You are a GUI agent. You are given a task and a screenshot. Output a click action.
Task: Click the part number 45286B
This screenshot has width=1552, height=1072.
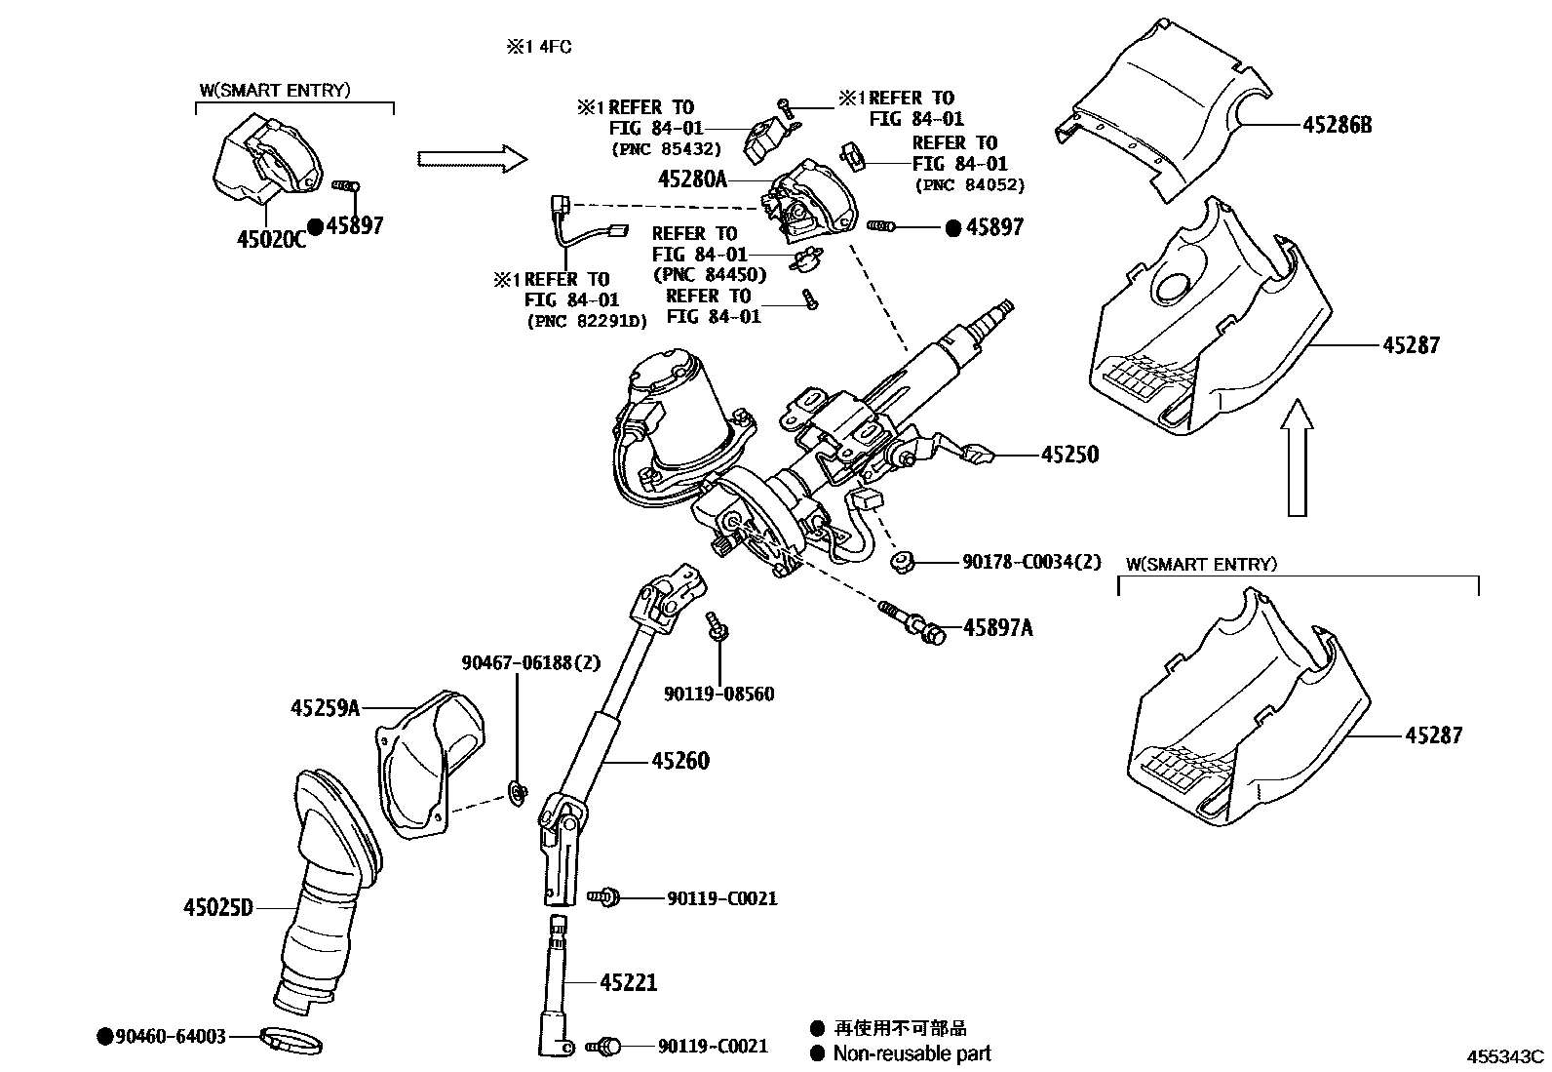(1337, 125)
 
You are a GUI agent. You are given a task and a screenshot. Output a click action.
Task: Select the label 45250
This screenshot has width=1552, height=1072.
(1069, 455)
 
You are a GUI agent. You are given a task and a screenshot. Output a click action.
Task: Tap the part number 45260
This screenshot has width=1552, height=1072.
(680, 761)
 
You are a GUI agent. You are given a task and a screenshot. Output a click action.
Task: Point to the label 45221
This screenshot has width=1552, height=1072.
(628, 982)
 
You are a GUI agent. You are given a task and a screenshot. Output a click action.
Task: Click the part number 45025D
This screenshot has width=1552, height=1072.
(218, 908)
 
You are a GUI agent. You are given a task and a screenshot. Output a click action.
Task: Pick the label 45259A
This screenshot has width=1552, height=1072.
(325, 707)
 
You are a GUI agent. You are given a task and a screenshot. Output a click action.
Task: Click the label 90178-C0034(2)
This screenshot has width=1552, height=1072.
(1031, 562)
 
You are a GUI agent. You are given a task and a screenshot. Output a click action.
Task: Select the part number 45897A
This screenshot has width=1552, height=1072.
(997, 628)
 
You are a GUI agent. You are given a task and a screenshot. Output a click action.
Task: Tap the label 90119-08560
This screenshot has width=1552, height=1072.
(719, 695)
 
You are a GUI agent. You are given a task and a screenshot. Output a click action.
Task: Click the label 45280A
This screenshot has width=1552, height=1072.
(692, 179)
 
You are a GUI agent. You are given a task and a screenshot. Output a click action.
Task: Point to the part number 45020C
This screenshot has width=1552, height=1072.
(271, 239)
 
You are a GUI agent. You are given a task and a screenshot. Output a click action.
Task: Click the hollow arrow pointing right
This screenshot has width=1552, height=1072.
(471, 158)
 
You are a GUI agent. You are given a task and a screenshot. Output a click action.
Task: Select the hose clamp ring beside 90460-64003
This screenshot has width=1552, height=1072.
(291, 1041)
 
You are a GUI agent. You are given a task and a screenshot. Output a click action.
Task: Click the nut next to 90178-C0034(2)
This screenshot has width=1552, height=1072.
(902, 561)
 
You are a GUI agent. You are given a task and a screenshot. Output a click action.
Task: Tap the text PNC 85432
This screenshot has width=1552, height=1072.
(667, 149)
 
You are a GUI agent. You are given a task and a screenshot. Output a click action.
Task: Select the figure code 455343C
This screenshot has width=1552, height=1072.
(1507, 1056)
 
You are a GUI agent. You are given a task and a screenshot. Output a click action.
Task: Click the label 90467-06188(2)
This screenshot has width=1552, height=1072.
(531, 663)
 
